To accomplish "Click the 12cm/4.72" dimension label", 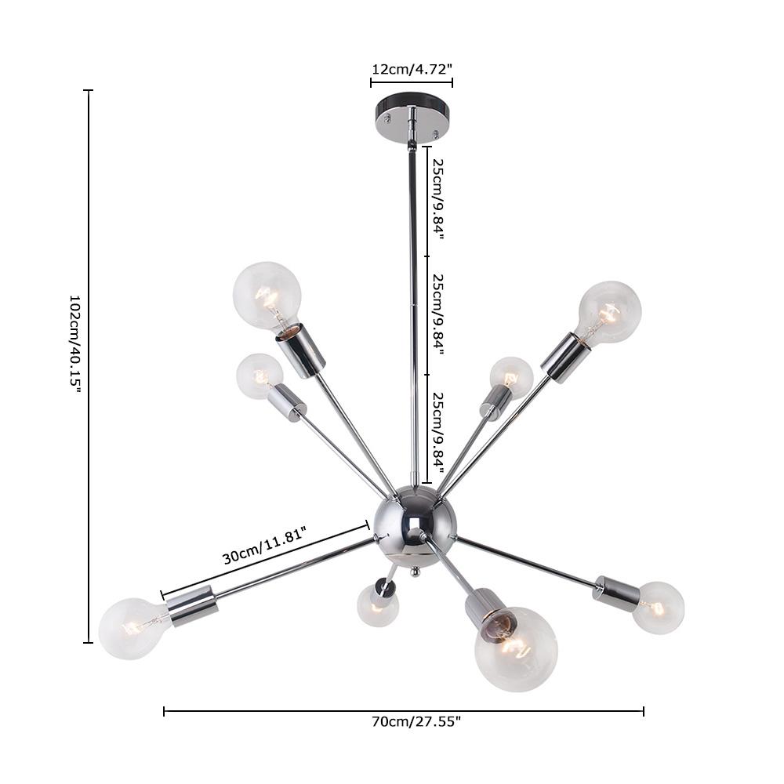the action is pyautogui.click(x=412, y=69).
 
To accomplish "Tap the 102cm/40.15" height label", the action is pyautogui.click(x=74, y=344).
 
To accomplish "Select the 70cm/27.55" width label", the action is pyautogui.click(x=416, y=721).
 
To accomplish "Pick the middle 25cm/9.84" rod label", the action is pyautogui.click(x=438, y=314).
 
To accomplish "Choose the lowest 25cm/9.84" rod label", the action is pyautogui.click(x=438, y=433).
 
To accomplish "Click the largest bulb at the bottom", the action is pyautogui.click(x=516, y=649).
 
